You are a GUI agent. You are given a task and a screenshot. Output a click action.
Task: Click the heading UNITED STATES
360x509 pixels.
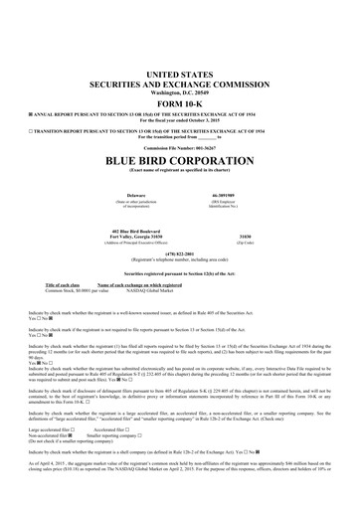point(180,75)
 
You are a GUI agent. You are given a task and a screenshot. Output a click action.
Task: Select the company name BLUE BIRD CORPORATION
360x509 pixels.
point(180,159)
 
